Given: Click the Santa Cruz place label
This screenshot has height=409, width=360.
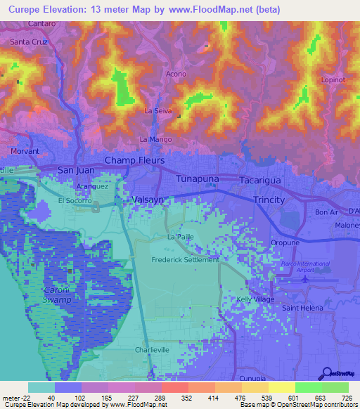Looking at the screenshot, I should [29, 42].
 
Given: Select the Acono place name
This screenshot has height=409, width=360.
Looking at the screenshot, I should [176, 74].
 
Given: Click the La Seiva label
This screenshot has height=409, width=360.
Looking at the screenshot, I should [158, 111].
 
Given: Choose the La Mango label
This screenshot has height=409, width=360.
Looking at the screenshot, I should [155, 139].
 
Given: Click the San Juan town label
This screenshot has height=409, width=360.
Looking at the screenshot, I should [75, 170].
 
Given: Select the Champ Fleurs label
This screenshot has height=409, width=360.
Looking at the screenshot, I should [134, 161].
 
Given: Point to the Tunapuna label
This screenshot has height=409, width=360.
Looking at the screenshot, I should [197, 179].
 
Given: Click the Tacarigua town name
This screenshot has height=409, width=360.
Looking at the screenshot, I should [260, 181].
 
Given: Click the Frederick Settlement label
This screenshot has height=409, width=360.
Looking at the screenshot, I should [186, 259].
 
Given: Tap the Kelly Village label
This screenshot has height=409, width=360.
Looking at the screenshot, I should [255, 299].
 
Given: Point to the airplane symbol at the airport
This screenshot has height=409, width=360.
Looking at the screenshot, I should [304, 279].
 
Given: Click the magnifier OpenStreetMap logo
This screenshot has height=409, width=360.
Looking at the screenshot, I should [327, 373].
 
